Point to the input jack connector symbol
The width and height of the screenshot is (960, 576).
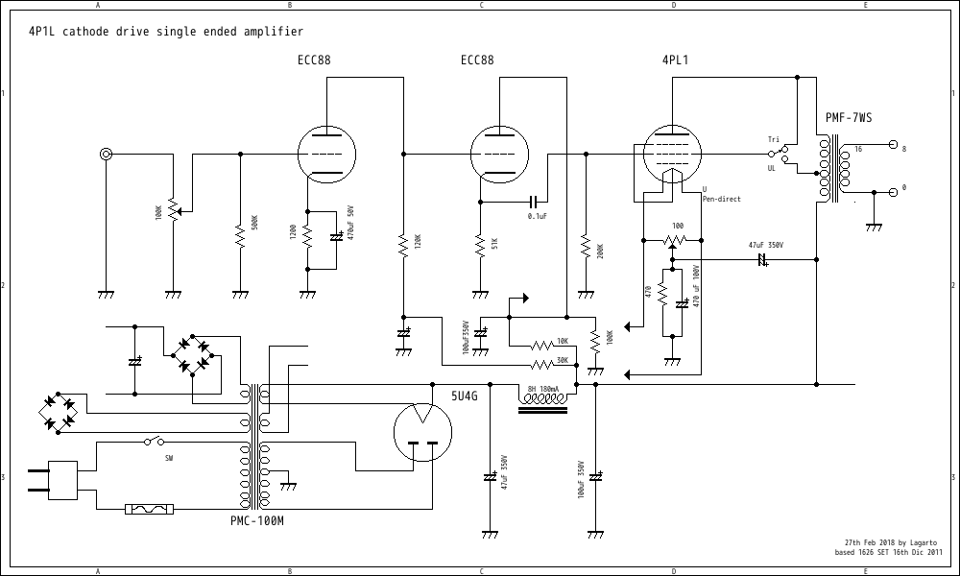(x=106, y=154)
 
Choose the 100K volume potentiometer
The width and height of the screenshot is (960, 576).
(x=173, y=209)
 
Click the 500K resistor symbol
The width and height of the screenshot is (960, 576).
(x=240, y=233)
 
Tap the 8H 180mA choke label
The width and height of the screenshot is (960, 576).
(x=543, y=389)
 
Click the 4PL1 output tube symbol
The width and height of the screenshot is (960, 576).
(x=672, y=154)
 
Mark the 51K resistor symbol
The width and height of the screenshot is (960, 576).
(x=480, y=245)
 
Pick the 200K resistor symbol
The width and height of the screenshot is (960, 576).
(x=585, y=248)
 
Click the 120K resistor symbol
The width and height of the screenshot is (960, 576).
(x=403, y=245)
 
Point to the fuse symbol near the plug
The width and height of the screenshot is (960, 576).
(x=150, y=509)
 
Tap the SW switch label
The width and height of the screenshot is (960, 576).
(x=169, y=458)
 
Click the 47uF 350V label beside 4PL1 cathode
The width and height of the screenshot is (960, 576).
(x=766, y=245)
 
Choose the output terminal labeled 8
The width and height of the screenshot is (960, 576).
(x=894, y=146)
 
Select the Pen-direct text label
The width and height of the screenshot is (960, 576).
(x=721, y=199)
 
